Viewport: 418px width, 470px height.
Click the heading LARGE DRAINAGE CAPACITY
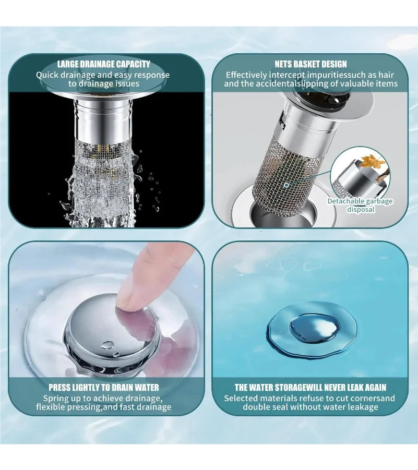click(x=103, y=64)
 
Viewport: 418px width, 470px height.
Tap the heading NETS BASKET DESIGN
click(x=310, y=64)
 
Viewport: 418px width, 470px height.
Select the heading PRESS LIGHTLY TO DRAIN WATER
click(x=104, y=387)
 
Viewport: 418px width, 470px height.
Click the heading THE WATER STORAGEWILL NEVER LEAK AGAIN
click(x=310, y=387)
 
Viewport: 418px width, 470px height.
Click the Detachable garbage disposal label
click(x=360, y=205)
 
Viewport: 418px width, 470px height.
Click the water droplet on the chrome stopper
click(x=108, y=345)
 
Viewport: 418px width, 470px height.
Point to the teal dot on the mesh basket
click(x=286, y=185)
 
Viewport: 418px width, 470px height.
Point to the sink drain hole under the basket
click(x=283, y=212)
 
